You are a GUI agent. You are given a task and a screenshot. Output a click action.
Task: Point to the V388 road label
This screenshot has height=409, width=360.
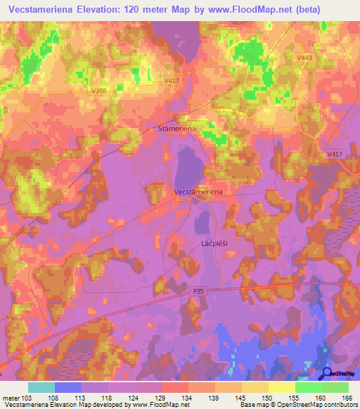[98, 90]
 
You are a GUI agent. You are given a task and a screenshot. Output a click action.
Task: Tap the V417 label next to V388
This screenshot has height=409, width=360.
[172, 82]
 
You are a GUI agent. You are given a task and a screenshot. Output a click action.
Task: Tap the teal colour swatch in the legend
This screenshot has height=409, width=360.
[41, 387]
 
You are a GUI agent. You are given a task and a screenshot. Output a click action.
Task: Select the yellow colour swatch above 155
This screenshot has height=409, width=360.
[281, 387]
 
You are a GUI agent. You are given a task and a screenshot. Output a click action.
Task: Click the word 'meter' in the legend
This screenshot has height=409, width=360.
[13, 397]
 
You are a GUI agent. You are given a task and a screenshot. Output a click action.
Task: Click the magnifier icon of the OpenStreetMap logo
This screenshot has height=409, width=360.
[327, 375]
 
